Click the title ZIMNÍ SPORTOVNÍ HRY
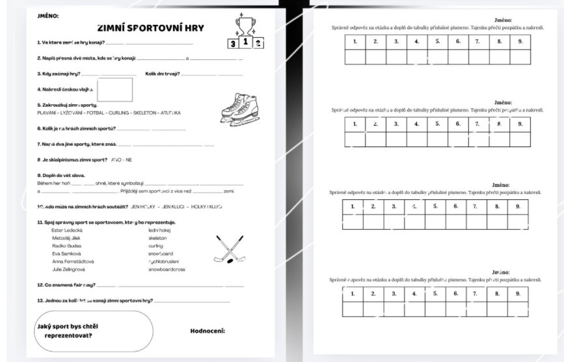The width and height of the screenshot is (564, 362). click(x=150, y=28)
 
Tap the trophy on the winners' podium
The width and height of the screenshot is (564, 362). click(x=245, y=25)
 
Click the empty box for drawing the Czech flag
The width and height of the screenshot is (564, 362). click(x=114, y=89)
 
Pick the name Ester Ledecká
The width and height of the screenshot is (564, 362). click(x=67, y=230)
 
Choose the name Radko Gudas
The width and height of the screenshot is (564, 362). click(x=65, y=246)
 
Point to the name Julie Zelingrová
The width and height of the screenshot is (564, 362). click(x=68, y=269)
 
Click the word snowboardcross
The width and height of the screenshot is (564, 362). click(x=167, y=269)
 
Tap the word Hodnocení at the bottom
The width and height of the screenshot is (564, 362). click(x=208, y=331)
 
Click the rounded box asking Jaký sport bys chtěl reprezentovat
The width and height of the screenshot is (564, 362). click(x=94, y=331)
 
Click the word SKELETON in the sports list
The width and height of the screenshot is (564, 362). click(x=146, y=113)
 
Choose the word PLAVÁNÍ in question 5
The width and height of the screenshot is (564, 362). click(x=48, y=113)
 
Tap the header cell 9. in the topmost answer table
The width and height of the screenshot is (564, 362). click(x=520, y=42)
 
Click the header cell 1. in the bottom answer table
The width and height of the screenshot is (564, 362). click(x=353, y=294)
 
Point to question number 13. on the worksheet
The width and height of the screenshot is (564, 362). click(x=41, y=301)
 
